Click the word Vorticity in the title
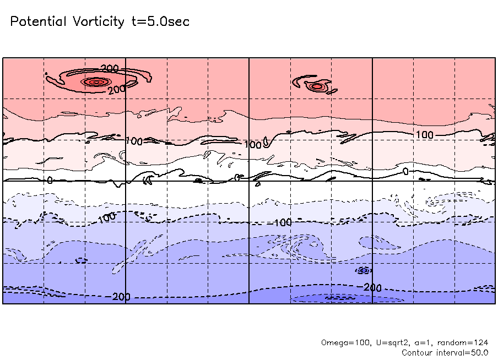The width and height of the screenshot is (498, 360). [x=99, y=22]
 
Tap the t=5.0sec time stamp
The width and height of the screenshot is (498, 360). [x=159, y=22]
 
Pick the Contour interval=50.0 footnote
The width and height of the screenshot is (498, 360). [x=445, y=352]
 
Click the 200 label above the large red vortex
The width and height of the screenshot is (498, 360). [x=110, y=69]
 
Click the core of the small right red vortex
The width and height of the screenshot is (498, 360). [x=316, y=86]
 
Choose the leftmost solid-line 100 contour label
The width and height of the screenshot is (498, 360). [x=134, y=141]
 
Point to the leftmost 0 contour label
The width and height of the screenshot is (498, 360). [x=49, y=180]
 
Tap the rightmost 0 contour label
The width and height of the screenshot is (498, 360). [x=406, y=172]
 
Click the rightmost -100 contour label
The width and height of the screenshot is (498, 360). [x=282, y=223]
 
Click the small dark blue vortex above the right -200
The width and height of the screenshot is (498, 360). [x=363, y=270]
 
